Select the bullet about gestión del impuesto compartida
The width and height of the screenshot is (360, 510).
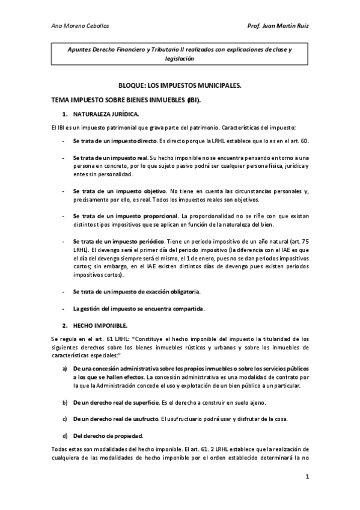coord(138,309)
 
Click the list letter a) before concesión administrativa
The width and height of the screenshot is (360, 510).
coord(64,368)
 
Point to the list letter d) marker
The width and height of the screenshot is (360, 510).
coord(64,435)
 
